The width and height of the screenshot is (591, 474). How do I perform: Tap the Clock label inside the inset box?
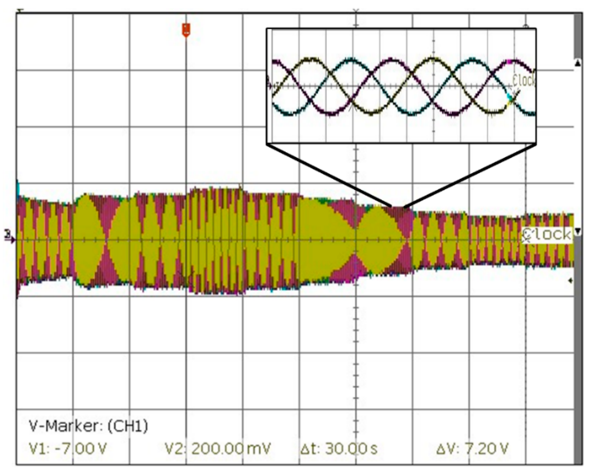pyautogui.click(x=524, y=80)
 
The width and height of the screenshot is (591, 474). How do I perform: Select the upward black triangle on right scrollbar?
pyautogui.click(x=578, y=63)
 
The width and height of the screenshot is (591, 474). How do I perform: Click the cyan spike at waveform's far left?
pyautogui.click(x=18, y=188)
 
